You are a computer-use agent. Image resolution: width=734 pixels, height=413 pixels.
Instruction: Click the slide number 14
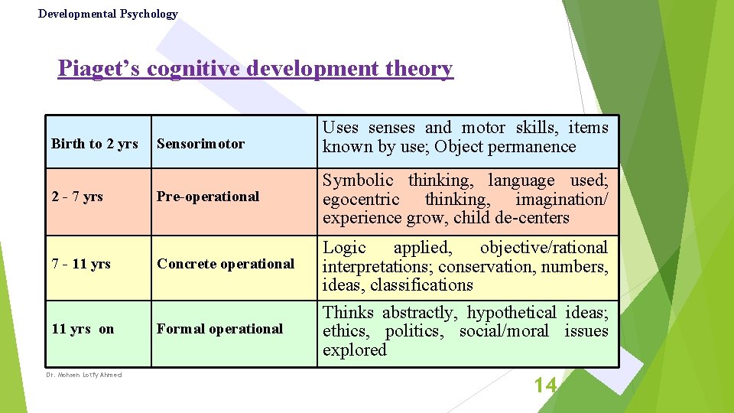[545, 385]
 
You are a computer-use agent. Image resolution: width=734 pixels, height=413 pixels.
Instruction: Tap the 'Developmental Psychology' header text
[108, 14]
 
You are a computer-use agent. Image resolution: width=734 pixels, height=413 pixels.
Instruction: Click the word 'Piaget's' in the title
[99, 69]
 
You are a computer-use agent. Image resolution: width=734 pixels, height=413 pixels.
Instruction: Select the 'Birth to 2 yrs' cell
[95, 144]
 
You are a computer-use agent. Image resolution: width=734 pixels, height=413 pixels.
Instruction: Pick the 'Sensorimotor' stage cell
[201, 144]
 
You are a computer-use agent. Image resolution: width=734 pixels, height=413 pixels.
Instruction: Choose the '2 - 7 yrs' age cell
[77, 197]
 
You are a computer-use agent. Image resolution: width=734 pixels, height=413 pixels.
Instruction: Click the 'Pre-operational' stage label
[208, 197]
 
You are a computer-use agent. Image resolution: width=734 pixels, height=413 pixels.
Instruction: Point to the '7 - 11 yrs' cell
[81, 264]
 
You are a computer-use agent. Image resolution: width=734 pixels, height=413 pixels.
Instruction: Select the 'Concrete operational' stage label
[226, 264]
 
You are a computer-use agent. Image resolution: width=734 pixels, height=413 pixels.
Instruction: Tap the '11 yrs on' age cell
[83, 329]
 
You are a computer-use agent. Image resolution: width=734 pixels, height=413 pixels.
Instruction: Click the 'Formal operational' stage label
[220, 329]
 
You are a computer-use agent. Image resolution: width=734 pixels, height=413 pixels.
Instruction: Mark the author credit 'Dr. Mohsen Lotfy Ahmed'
[84, 375]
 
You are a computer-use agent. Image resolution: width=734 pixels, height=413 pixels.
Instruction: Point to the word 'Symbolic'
[358, 180]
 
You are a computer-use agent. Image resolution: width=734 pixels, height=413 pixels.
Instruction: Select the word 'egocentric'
[361, 200]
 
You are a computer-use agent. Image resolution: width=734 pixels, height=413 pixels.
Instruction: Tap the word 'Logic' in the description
[344, 248]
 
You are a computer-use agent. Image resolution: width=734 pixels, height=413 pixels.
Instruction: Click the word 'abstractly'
[418, 313]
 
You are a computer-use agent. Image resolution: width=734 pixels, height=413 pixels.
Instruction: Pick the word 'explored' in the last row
[355, 350]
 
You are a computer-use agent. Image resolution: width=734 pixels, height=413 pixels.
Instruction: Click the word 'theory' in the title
[420, 69]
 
